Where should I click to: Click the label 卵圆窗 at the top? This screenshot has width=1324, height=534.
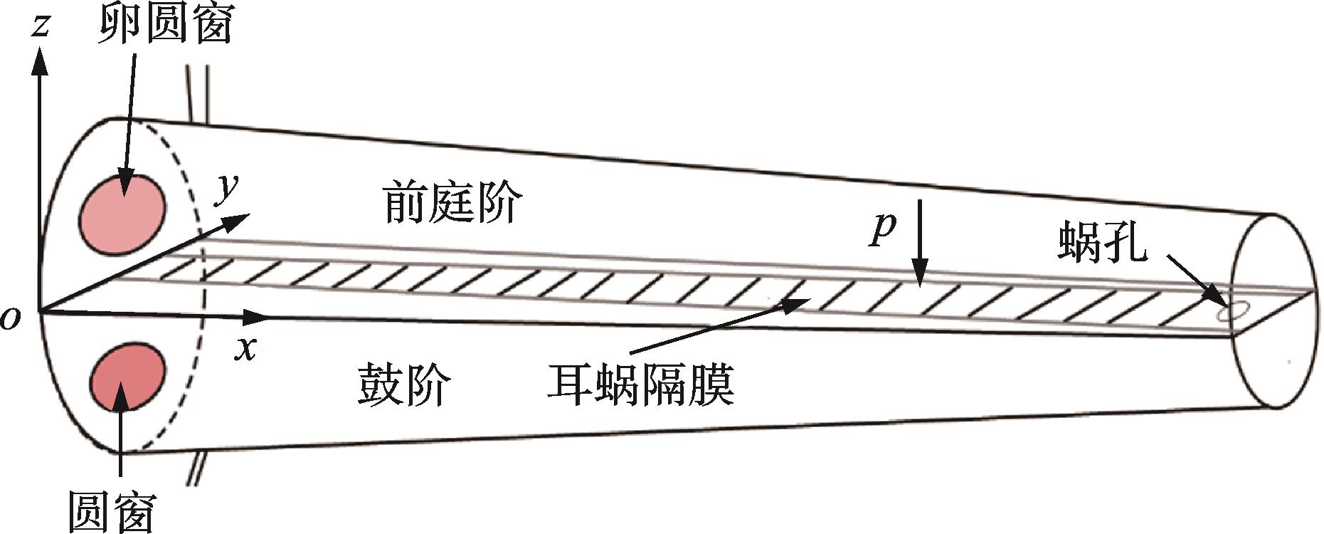click(165, 26)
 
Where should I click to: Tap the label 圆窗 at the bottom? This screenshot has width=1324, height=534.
click(112, 511)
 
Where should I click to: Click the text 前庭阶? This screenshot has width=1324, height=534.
click(452, 202)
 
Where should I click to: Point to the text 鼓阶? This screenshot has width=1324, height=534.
click(403, 384)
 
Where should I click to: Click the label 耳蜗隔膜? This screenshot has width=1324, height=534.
click(640, 384)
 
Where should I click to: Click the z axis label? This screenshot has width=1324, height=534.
click(41, 26)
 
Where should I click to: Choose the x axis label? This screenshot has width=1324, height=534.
click(246, 348)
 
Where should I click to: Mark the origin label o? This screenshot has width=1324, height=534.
click(11, 318)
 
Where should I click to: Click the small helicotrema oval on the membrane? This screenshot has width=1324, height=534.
click(1232, 311)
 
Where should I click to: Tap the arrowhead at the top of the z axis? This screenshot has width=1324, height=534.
click(40, 61)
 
